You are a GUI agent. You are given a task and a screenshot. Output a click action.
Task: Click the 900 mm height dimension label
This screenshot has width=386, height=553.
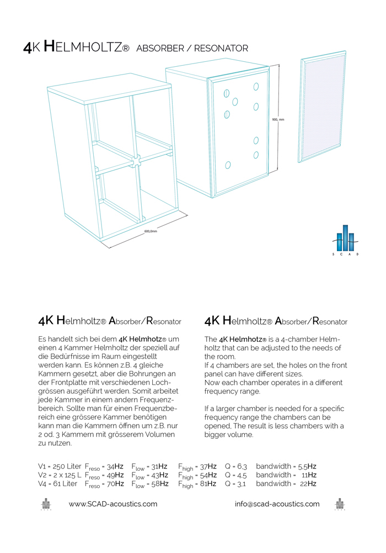tap(278, 119)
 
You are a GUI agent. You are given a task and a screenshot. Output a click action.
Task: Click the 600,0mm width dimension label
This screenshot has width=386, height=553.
tap(151, 232)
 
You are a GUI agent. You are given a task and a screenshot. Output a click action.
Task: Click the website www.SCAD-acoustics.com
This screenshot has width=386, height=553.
tap(113, 504)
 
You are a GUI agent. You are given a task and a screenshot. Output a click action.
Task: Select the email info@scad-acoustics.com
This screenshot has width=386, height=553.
tap(277, 504)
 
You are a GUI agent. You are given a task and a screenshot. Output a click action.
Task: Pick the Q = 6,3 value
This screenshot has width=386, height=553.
tap(235, 466)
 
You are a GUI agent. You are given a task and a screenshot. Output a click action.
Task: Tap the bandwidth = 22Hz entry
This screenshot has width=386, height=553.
tap(286, 483)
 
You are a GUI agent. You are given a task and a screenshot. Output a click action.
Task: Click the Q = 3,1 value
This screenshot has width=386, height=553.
tap(235, 483)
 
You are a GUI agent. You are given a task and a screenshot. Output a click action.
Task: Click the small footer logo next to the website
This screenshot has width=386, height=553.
tap(46, 504)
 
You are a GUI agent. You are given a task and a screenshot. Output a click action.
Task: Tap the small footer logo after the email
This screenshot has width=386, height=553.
tap(340, 504)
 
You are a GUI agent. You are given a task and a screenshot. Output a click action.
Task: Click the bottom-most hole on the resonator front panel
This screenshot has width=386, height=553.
tap(228, 164)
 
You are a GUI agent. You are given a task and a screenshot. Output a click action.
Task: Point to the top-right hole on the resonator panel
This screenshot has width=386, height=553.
tap(256, 86)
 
